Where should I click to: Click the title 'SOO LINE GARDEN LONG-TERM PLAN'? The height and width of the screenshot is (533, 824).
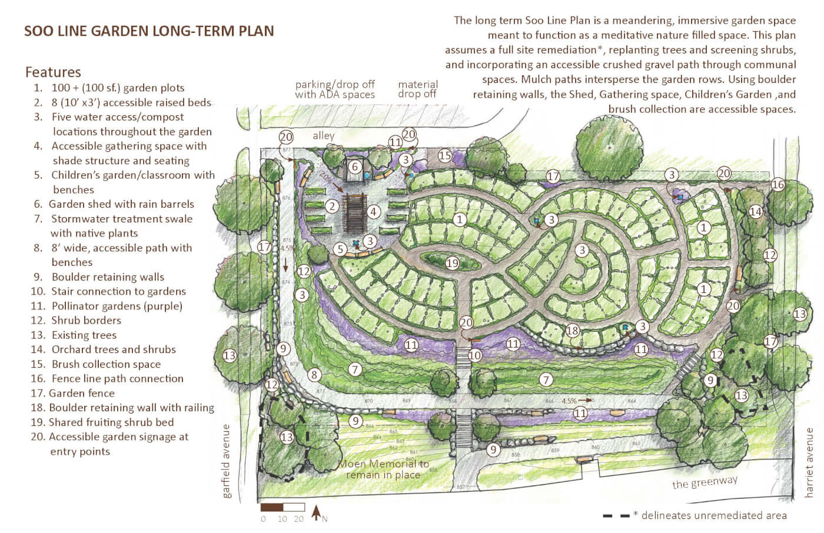pyautogui.click(x=149, y=31)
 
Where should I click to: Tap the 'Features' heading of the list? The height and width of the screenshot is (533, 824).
pyautogui.click(x=53, y=72)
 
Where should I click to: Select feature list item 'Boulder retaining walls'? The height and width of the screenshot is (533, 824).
pyautogui.click(x=108, y=277)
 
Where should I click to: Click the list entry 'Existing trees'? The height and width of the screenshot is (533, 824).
pyautogui.click(x=84, y=335)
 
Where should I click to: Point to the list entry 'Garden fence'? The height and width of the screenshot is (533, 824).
pyautogui.click(x=81, y=393)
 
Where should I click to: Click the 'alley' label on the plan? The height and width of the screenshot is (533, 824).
pyautogui.click(x=323, y=136)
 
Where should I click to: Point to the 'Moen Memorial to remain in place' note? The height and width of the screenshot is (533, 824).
pyautogui.click(x=383, y=469)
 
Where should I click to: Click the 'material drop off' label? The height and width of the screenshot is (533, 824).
pyautogui.click(x=417, y=89)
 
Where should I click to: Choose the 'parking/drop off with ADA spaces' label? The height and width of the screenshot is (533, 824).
pyautogui.click(x=335, y=89)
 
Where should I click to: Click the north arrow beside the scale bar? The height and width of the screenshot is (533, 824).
pyautogui.click(x=316, y=512)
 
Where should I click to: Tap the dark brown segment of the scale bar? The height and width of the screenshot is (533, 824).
pyautogui.click(x=271, y=507)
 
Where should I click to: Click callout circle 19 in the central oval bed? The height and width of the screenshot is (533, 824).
pyautogui.click(x=452, y=263)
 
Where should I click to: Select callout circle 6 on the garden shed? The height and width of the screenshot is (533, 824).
pyautogui.click(x=355, y=166)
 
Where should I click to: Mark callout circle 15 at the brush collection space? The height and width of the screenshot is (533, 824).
pyautogui.click(x=444, y=156)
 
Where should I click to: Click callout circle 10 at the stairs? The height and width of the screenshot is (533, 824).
pyautogui.click(x=474, y=355)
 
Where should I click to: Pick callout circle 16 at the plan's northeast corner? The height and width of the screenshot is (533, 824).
pyautogui.click(x=778, y=184)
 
